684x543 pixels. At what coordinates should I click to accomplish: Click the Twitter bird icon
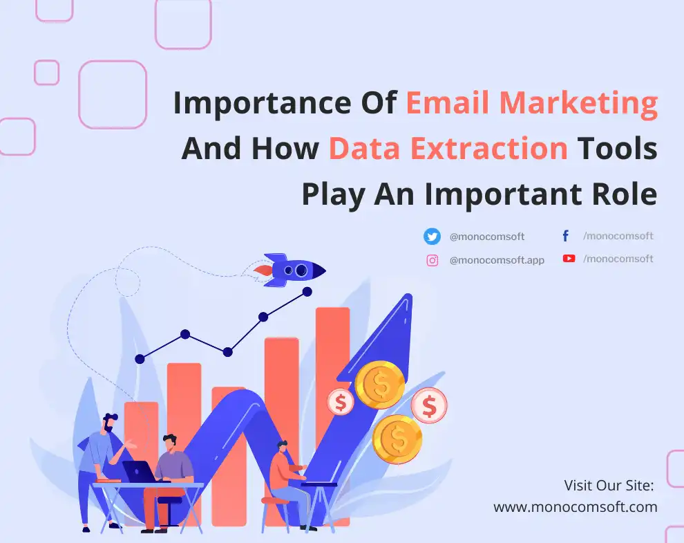tap(432, 237)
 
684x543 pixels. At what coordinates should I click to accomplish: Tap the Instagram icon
tap(433, 260)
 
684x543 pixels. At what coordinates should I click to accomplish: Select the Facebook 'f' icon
tap(565, 236)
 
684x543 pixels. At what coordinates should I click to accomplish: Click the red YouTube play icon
tap(569, 259)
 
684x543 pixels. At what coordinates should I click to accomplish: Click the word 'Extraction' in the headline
tap(489, 149)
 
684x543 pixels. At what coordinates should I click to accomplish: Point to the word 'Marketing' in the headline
tap(578, 104)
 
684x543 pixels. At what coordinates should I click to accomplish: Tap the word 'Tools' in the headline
tap(617, 149)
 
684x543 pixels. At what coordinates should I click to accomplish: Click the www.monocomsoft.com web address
tap(576, 507)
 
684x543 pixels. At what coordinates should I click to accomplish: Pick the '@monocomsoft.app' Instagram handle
tap(497, 260)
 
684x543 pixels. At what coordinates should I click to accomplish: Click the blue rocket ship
tap(290, 270)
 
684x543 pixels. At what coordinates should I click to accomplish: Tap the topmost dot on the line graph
tap(307, 292)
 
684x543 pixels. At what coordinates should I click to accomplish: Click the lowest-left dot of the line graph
tap(140, 359)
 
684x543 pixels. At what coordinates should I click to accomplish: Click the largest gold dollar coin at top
tap(379, 385)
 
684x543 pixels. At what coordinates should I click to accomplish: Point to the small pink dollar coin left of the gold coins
tap(341, 402)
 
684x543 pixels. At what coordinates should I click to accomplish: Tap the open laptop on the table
tap(140, 472)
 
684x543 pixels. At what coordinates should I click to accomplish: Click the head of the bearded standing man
tap(109, 422)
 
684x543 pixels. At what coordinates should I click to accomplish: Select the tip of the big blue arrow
tap(409, 296)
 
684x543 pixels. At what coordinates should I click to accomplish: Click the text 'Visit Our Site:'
tap(609, 486)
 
